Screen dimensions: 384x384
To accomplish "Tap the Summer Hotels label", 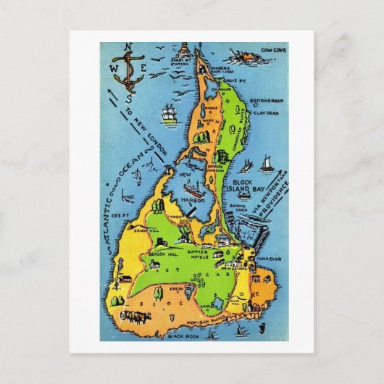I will (199, 254).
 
